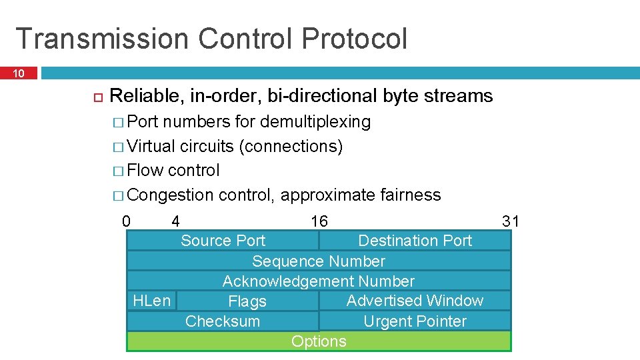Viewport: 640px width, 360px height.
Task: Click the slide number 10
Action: (x=19, y=73)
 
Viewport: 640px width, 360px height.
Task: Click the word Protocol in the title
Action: (x=353, y=39)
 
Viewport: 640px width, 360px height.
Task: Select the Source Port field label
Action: (x=223, y=241)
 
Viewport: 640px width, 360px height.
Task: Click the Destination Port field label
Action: (x=415, y=241)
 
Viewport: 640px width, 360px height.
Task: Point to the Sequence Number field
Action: (x=319, y=261)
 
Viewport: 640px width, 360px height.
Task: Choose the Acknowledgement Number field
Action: (x=319, y=281)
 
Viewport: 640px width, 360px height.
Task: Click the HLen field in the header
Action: (x=151, y=301)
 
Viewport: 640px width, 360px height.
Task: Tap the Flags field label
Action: (x=247, y=302)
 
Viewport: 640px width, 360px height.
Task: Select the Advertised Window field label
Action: (x=415, y=301)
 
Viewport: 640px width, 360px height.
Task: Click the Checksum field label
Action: (x=223, y=321)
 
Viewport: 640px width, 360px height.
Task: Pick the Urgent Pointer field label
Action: (x=415, y=321)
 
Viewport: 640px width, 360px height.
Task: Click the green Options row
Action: (x=319, y=341)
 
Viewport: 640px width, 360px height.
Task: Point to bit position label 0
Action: (x=127, y=221)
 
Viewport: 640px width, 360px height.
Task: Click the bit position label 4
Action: (x=175, y=221)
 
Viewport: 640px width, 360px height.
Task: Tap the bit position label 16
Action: (x=319, y=221)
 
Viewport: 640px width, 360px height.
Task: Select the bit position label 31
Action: (x=510, y=221)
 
